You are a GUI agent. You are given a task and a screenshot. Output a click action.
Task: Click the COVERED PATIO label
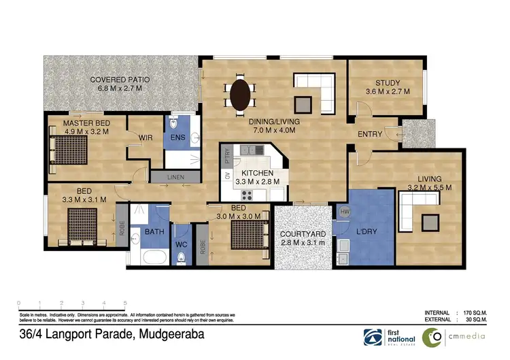tap(120, 80)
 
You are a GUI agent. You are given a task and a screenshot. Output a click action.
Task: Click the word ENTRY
tap(370, 134)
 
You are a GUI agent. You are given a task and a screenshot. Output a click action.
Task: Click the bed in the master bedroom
tap(71, 148)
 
